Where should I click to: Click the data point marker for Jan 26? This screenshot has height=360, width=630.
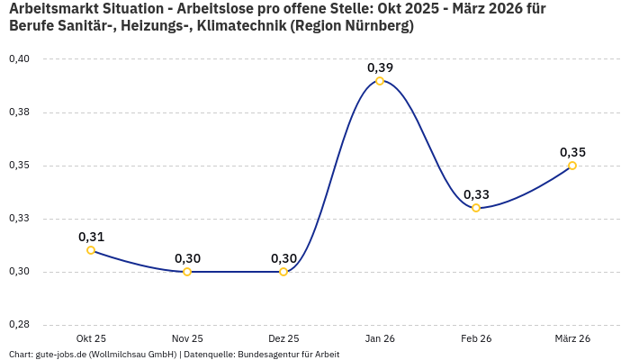tap(380, 81)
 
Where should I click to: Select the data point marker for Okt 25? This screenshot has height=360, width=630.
tap(91, 250)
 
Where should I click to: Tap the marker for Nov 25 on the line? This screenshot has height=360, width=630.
tap(187, 272)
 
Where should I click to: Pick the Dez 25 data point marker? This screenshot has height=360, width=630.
tap(283, 272)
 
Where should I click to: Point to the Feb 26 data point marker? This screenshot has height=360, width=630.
tap(476, 208)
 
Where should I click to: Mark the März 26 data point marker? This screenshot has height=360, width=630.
tap(572, 166)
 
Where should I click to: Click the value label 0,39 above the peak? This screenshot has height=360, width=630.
tap(380, 67)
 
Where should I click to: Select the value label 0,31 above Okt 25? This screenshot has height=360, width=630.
tap(91, 237)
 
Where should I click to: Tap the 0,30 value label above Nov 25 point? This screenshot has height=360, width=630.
tap(187, 258)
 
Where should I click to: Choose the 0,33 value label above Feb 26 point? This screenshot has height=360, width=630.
tap(476, 194)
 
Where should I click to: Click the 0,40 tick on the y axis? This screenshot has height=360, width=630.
tap(19, 59)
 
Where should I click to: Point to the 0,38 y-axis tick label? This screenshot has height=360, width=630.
tap(19, 112)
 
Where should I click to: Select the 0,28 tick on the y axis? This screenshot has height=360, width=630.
tap(19, 325)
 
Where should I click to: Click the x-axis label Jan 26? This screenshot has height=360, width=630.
tap(380, 338)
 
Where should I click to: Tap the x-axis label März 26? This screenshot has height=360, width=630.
tap(572, 338)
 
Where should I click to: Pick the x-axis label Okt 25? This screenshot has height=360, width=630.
tap(91, 338)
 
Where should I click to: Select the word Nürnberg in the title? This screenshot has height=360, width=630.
tap(373, 26)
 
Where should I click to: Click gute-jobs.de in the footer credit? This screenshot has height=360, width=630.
tap(60, 355)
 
